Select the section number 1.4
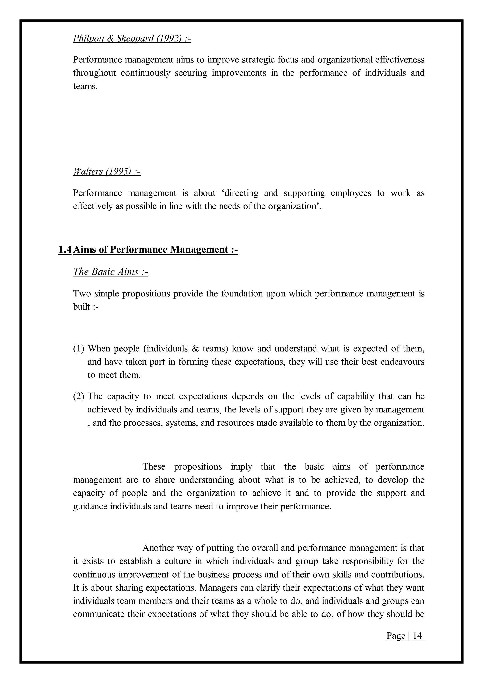(x=65, y=249)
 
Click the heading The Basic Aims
(x=110, y=272)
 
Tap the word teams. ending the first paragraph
(x=85, y=86)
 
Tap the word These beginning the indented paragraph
(x=154, y=466)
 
